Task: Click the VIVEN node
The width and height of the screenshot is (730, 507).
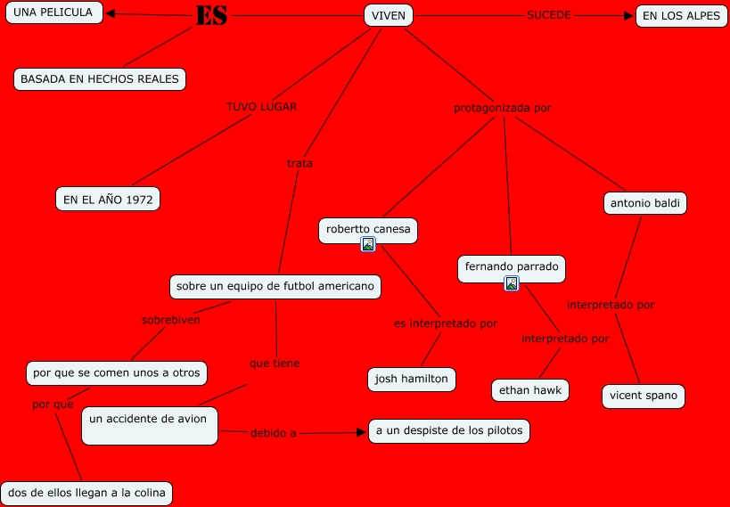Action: [x=389, y=15]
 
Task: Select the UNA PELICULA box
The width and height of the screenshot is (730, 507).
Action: [x=53, y=13]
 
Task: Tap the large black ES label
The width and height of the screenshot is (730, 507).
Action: [x=211, y=15]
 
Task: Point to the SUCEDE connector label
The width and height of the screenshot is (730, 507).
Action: [x=548, y=15]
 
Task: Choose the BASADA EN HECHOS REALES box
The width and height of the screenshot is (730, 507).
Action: [x=100, y=79]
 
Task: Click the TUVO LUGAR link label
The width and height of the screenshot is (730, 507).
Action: [x=261, y=106]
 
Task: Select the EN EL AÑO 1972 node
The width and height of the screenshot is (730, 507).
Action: [x=108, y=199]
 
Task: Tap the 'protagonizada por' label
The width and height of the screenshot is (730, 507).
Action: [x=502, y=109]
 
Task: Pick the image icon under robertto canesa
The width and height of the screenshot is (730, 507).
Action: [x=367, y=244]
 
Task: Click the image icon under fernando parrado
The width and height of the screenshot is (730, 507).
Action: [x=512, y=283]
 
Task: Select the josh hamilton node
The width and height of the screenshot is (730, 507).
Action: [x=412, y=379]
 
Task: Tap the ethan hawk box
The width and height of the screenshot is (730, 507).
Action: [x=530, y=390]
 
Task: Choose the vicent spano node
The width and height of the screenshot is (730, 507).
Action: [x=644, y=396]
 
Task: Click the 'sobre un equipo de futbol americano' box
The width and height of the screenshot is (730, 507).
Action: [x=275, y=287]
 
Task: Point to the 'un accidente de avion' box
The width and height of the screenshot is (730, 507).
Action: [x=149, y=425]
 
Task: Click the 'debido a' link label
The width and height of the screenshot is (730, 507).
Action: [x=273, y=433]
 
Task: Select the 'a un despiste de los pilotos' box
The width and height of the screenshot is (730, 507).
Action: [x=450, y=431]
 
